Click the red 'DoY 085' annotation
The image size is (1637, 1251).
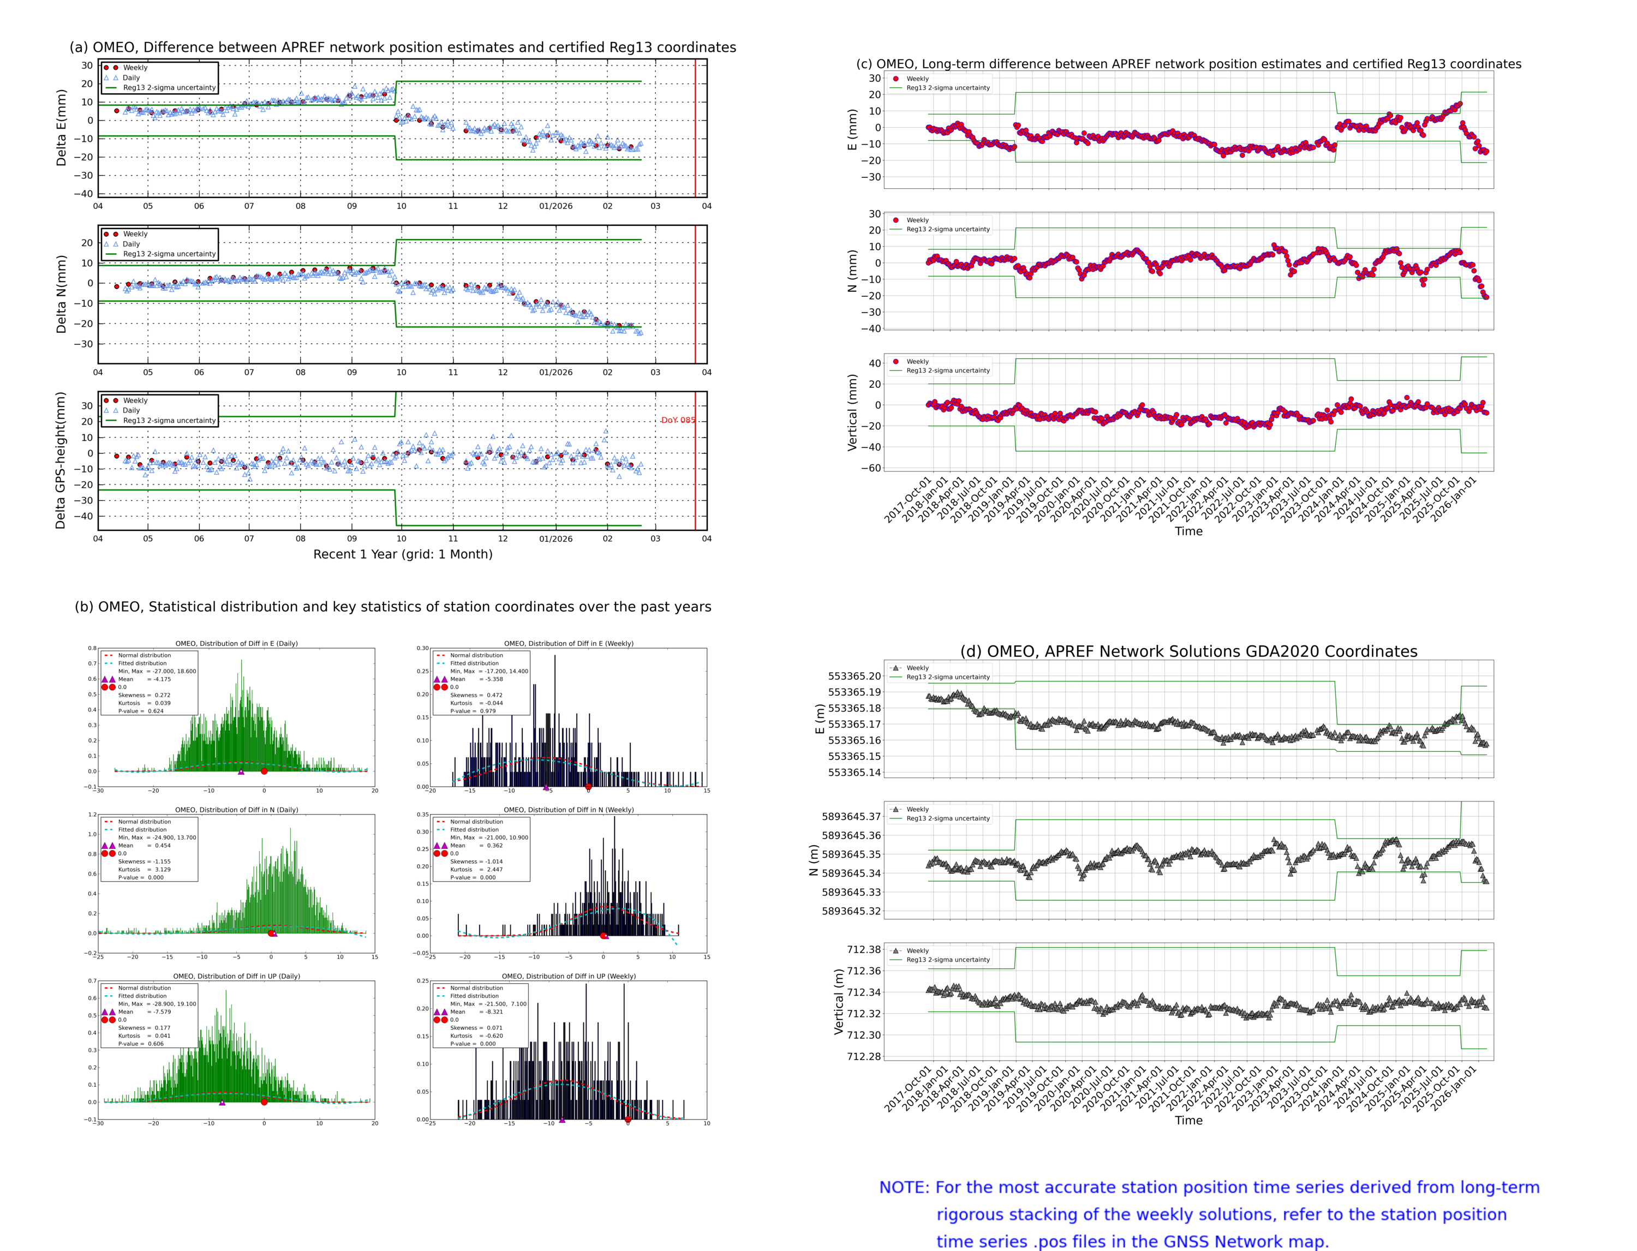(x=678, y=420)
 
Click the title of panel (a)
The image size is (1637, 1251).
(x=402, y=47)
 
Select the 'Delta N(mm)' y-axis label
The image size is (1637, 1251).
(x=61, y=294)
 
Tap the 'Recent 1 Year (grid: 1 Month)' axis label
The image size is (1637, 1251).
(x=402, y=554)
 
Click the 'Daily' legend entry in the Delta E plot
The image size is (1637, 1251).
(x=131, y=77)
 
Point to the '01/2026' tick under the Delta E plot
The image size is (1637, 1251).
(x=555, y=206)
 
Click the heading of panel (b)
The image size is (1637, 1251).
(x=392, y=607)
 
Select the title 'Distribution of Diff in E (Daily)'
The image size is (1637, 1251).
(x=236, y=643)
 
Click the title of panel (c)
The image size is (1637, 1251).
(x=1188, y=64)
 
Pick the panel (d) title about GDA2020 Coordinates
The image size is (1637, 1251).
(x=1188, y=651)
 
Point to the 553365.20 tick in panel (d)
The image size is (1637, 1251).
(x=855, y=676)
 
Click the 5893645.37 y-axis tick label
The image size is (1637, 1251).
(x=851, y=816)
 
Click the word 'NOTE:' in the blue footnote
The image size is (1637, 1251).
(x=904, y=1188)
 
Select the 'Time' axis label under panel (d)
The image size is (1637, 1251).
(x=1188, y=1120)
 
